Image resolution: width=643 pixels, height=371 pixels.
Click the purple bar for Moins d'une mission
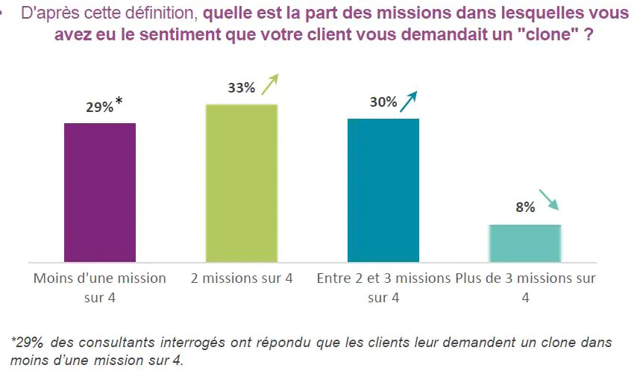coord(100,192)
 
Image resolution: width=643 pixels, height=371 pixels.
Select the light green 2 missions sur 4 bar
coord(242,183)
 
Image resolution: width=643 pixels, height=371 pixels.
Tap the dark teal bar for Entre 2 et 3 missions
coord(383,190)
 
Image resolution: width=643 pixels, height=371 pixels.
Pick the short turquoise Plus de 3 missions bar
coord(525,243)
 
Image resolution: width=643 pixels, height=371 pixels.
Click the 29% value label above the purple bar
coord(98,108)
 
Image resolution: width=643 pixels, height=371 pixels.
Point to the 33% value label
coord(241,88)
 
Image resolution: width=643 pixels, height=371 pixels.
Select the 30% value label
coord(383,103)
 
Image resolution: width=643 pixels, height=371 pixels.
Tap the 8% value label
coord(524,208)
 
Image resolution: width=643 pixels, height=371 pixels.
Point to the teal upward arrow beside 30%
coord(409,101)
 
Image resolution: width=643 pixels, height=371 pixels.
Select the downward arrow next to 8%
coord(549,200)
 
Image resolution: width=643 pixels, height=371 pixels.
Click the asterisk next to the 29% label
coord(119,102)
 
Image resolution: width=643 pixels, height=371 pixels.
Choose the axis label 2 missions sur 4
coord(242,279)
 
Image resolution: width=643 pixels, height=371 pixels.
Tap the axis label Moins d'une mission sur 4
coord(100,287)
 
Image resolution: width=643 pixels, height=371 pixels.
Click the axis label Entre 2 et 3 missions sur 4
coord(383,287)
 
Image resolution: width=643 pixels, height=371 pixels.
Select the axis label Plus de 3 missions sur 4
coord(525,287)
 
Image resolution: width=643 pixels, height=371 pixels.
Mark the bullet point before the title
coord(7,13)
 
